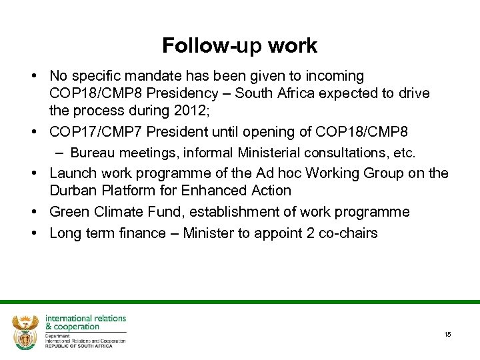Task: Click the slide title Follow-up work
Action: tap(240, 45)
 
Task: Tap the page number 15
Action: tap(447, 334)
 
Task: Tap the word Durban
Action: tap(72, 191)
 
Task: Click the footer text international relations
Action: tap(85, 319)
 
